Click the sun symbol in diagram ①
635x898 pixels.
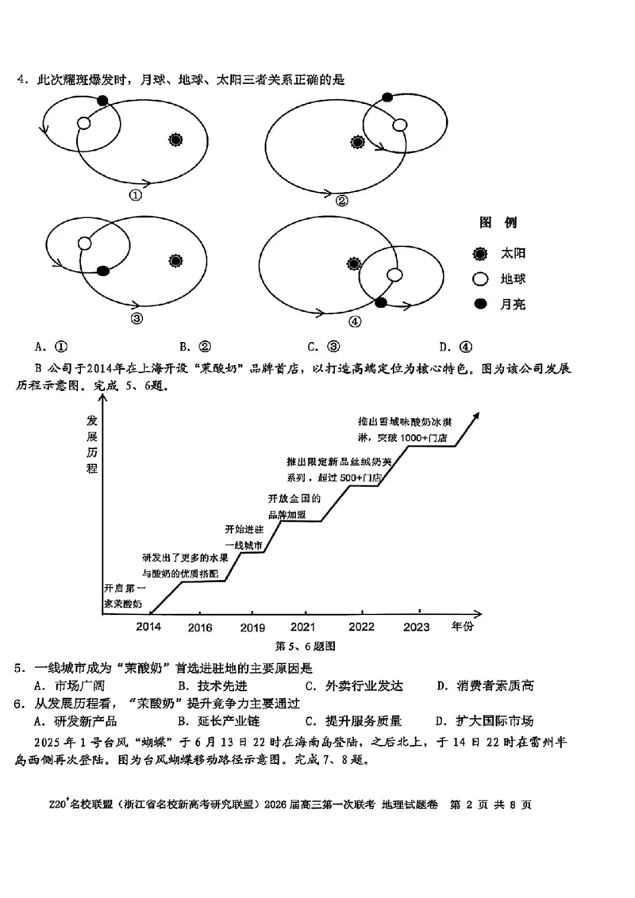pyautogui.click(x=176, y=140)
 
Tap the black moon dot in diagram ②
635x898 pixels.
pyautogui.click(x=387, y=98)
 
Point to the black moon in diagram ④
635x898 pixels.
pyautogui.click(x=381, y=302)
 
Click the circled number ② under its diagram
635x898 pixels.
pyautogui.click(x=341, y=201)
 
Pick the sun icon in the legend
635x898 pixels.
pyautogui.click(x=479, y=254)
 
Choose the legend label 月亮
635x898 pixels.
pyautogui.click(x=513, y=304)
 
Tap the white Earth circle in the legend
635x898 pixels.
pyautogui.click(x=479, y=279)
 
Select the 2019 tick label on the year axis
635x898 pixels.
pyautogui.click(x=253, y=628)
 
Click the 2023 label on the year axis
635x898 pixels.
pyautogui.click(x=417, y=627)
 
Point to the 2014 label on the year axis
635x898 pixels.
pyautogui.click(x=148, y=627)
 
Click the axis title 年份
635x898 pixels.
pyautogui.click(x=462, y=627)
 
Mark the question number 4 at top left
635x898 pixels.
pyautogui.click(x=22, y=79)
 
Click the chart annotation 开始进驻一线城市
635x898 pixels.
pyautogui.click(x=244, y=537)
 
